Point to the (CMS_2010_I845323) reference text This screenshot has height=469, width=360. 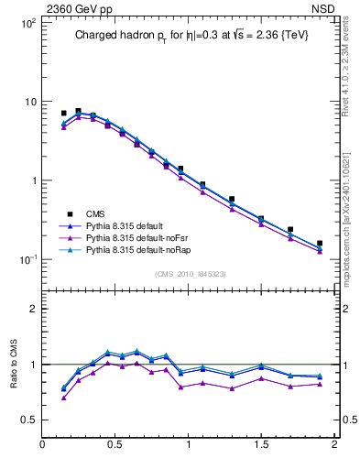click(x=189, y=273)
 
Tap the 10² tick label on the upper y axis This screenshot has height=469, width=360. click(x=28, y=22)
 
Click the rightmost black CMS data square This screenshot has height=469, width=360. click(x=320, y=244)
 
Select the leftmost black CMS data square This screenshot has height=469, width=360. click(x=64, y=113)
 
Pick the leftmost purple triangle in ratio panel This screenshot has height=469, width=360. click(x=64, y=398)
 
